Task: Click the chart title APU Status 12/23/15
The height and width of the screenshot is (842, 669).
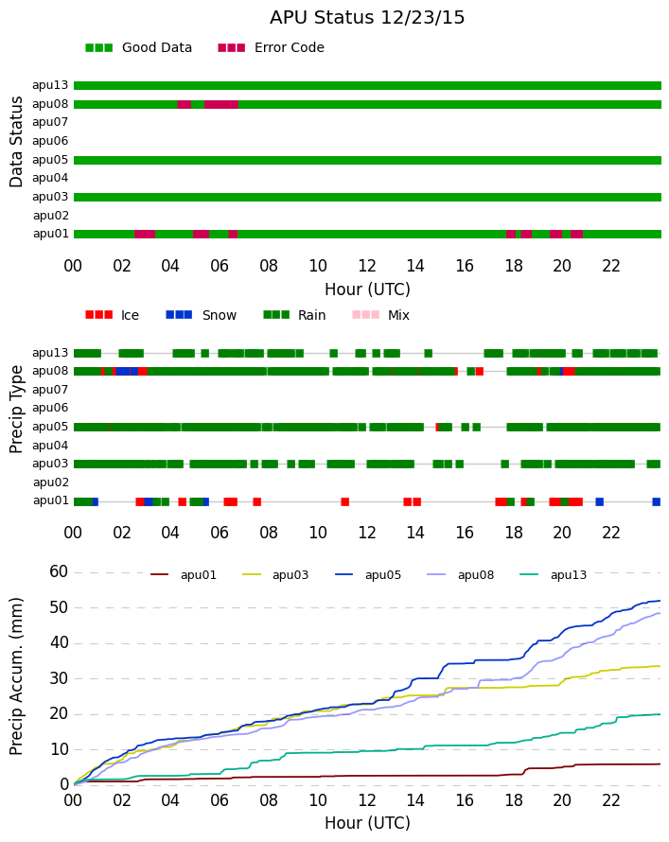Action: [367, 18]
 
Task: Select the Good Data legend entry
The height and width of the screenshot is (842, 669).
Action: [138, 48]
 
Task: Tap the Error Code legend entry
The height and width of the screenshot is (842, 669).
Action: [271, 48]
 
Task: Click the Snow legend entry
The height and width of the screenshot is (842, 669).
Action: [201, 315]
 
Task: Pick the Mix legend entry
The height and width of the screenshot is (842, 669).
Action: [380, 315]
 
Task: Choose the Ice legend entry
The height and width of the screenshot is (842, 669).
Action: [112, 315]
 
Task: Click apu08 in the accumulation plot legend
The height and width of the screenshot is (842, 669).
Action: [460, 575]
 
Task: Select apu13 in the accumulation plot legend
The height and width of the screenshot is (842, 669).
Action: [553, 575]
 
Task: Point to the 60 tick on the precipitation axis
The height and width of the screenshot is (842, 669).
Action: [59, 571]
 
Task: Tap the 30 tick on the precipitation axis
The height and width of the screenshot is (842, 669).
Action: [59, 678]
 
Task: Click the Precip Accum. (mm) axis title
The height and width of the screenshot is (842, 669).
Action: [17, 676]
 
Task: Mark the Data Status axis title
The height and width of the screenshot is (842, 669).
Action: [17, 142]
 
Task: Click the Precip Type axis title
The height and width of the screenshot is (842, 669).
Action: [17, 410]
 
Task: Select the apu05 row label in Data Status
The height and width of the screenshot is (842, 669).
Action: [50, 160]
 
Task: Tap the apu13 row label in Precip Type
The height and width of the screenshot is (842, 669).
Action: [50, 353]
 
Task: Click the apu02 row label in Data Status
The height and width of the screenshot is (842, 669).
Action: [51, 216]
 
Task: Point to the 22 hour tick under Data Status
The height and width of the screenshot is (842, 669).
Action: [611, 266]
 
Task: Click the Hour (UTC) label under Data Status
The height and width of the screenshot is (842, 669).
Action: [367, 289]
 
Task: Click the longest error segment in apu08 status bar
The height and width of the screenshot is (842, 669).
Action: [221, 105]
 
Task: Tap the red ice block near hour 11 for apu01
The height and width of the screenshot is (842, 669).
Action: [344, 502]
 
